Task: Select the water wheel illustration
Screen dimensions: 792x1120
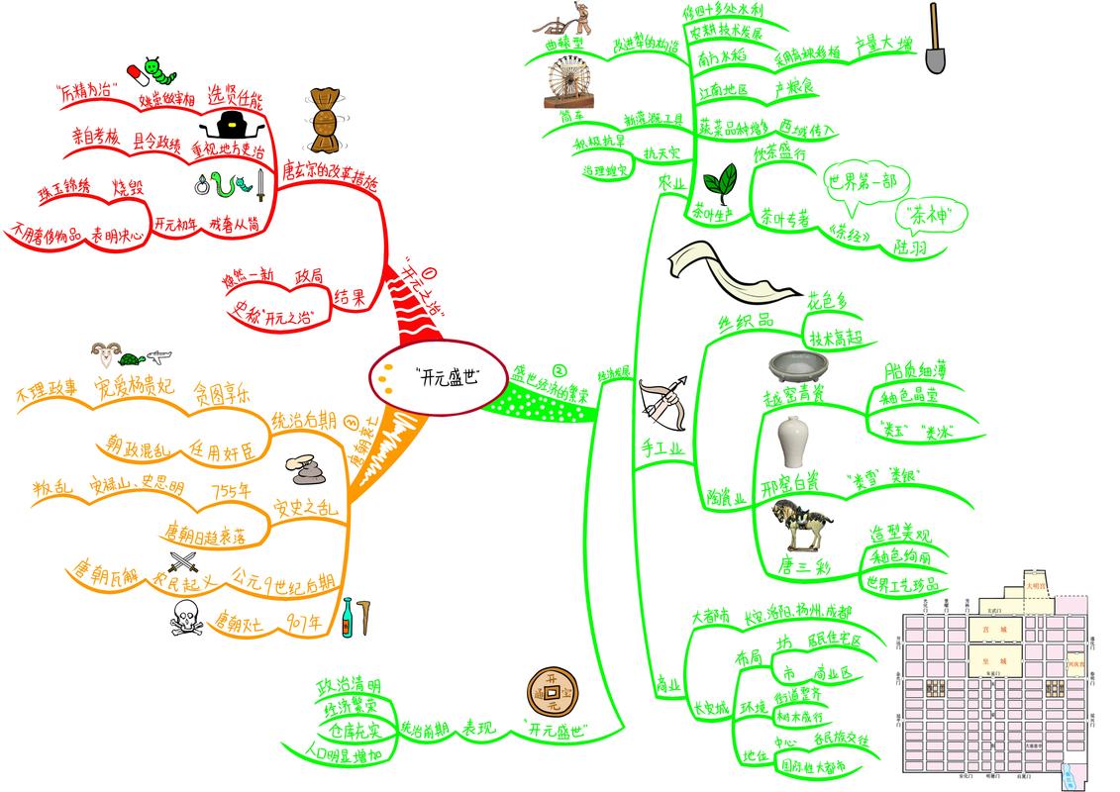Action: point(569,81)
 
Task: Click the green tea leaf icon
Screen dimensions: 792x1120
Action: point(719,182)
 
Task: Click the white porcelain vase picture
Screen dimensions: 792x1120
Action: point(791,442)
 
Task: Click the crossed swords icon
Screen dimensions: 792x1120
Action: point(184,564)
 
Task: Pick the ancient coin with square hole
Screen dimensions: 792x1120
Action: point(553,687)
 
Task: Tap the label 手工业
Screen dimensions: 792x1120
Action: point(662,449)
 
